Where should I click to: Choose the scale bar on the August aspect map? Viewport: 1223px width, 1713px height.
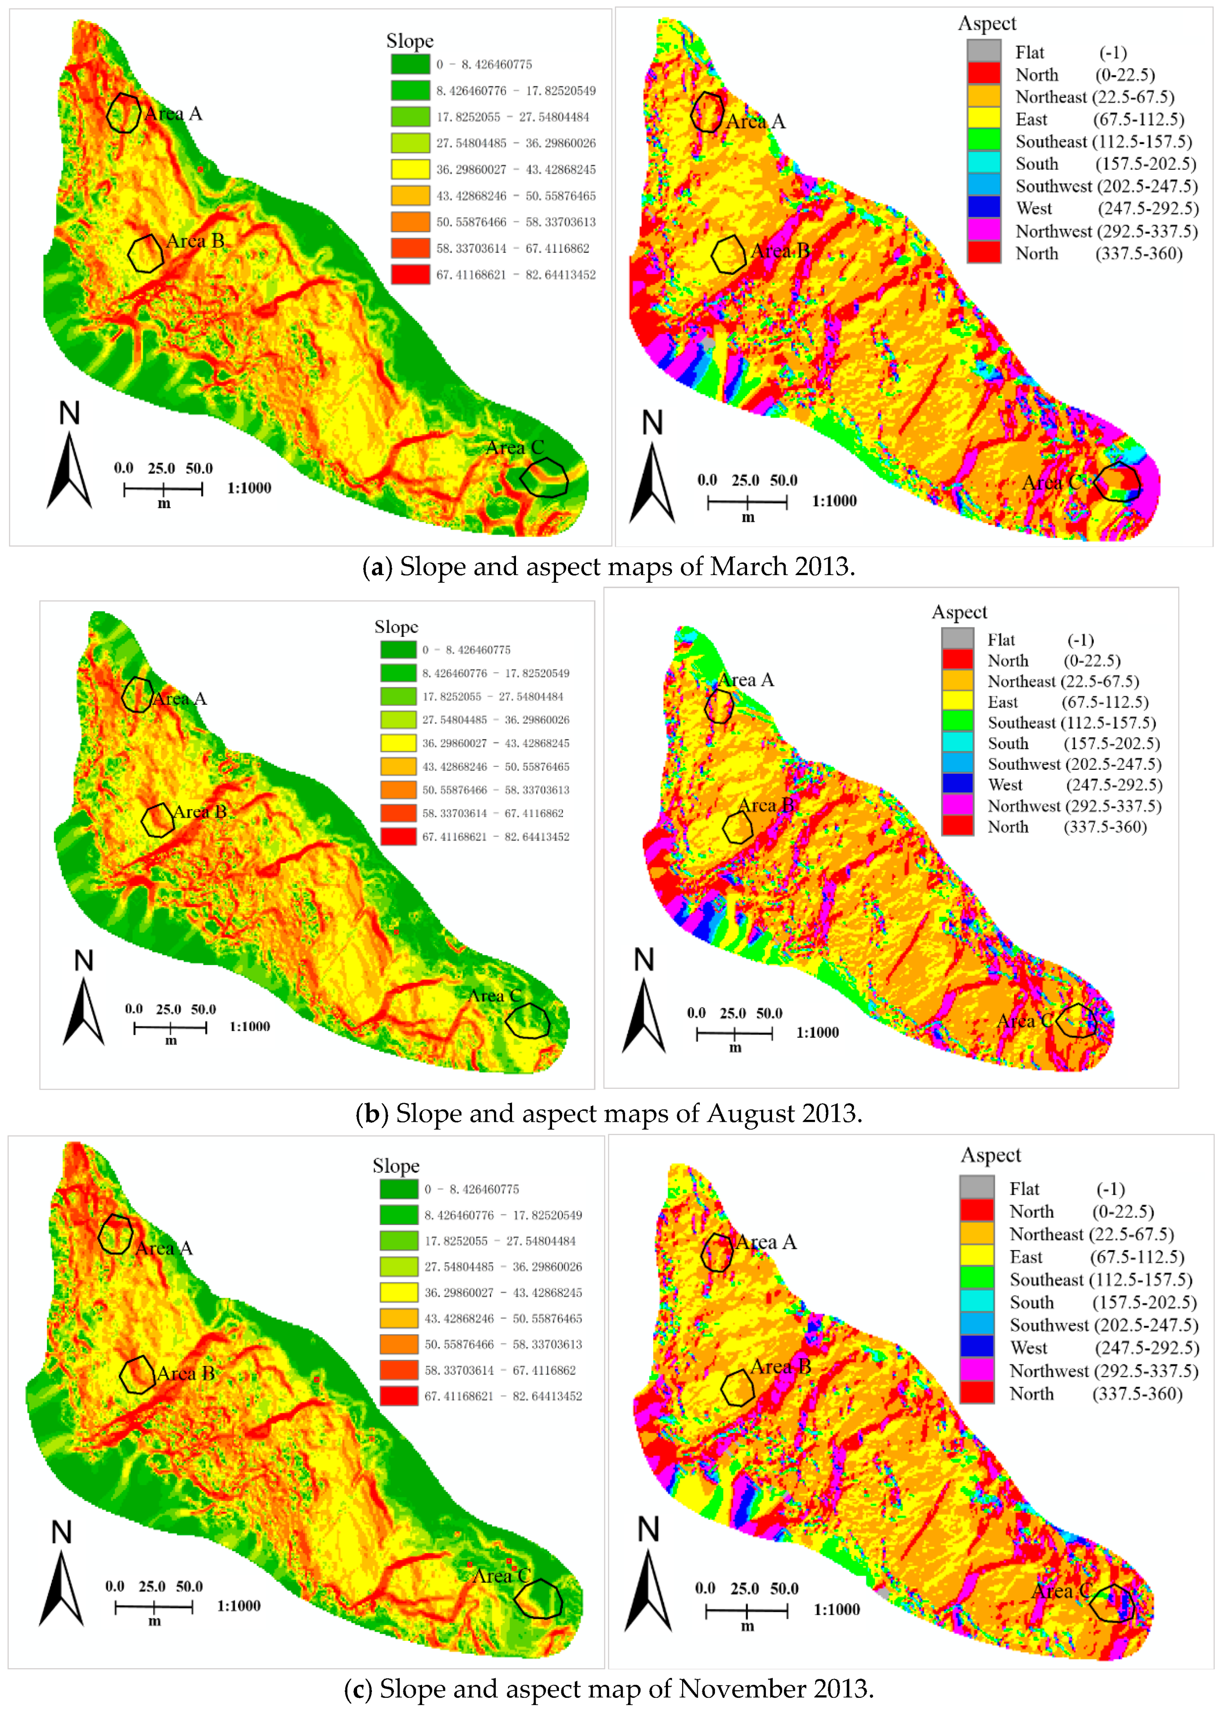tap(734, 1033)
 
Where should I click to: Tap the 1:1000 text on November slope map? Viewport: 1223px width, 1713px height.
tap(239, 1605)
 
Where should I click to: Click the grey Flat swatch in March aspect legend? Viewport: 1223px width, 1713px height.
tap(983, 51)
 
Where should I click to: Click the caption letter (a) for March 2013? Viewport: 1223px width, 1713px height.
tap(376, 566)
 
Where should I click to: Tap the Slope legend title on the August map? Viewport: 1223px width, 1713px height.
tap(396, 627)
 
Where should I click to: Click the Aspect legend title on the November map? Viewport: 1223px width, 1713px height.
tap(990, 1155)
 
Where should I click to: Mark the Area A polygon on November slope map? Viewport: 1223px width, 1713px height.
tap(115, 1234)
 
